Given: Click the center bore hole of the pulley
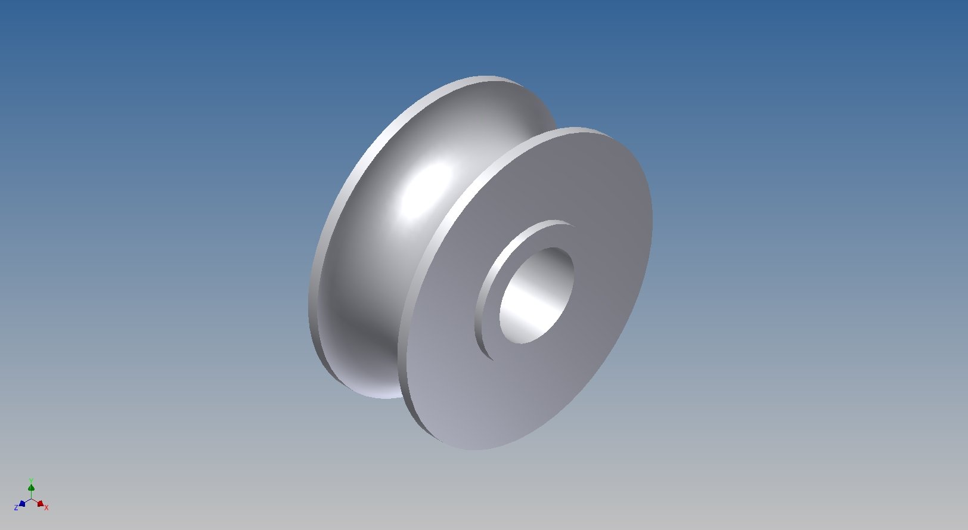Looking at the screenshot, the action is (x=536, y=296).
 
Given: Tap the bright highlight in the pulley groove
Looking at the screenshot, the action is (x=428, y=193).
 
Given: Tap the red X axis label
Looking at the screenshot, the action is (x=46, y=507).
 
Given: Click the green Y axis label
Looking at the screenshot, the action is (x=31, y=481).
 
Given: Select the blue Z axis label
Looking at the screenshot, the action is (x=16, y=507).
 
